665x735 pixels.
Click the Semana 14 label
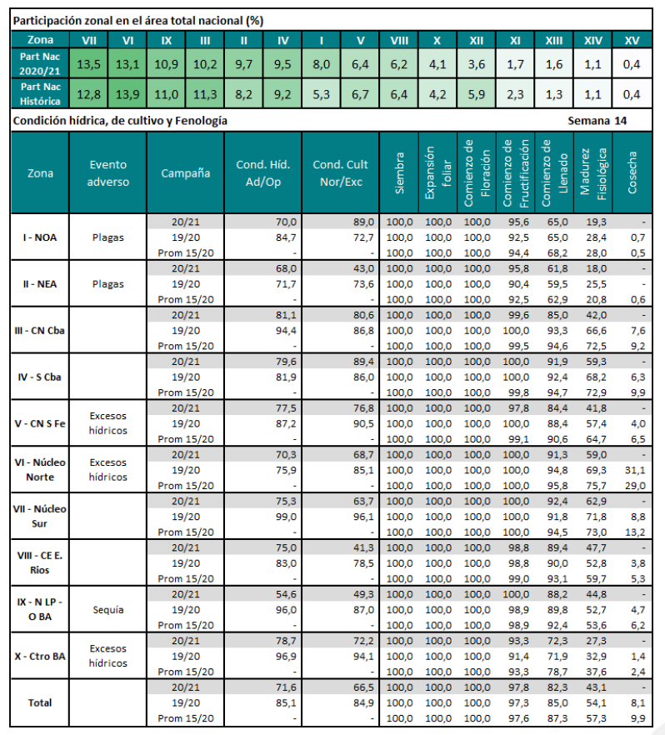(x=597, y=121)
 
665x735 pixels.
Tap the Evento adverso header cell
(x=108, y=173)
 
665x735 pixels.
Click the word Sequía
(x=108, y=609)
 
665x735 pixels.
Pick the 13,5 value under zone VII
(x=88, y=62)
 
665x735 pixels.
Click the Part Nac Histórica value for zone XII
(x=477, y=94)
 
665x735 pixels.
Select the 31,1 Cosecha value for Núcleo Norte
(x=633, y=469)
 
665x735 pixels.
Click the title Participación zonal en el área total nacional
(x=139, y=19)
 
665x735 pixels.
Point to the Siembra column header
(x=400, y=173)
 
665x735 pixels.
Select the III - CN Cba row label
(x=40, y=329)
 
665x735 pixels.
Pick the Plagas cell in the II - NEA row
(x=108, y=283)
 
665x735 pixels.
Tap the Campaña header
(x=185, y=173)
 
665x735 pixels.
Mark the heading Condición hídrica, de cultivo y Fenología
(x=121, y=121)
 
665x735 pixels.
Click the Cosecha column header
(x=633, y=173)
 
